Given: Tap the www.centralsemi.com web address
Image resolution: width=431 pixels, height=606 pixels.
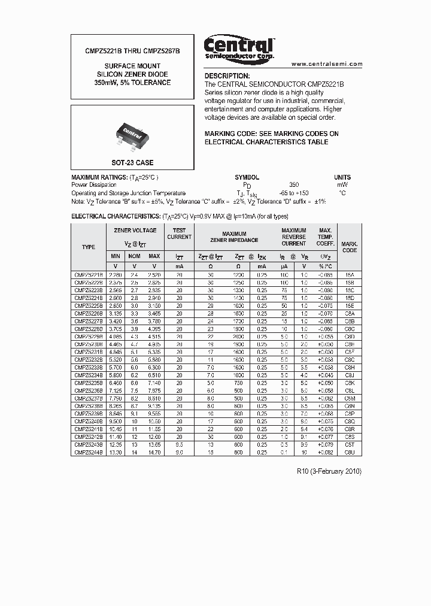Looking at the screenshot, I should pyautogui.click(x=327, y=64).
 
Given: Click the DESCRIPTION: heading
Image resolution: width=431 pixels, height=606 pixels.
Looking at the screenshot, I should pyautogui.click(x=227, y=76).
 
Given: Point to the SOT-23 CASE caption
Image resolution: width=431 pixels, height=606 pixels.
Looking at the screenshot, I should pyautogui.click(x=132, y=162).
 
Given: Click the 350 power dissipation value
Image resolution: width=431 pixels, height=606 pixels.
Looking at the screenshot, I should pyautogui.click(x=293, y=186).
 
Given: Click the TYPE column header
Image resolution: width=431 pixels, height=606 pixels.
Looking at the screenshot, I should pyautogui.click(x=89, y=247).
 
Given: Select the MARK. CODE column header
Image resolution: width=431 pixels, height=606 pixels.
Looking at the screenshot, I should pyautogui.click(x=349, y=247).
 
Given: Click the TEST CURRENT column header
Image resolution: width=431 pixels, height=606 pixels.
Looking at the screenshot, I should pyautogui.click(x=179, y=234).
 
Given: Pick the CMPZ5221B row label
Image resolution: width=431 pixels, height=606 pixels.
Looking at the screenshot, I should pyautogui.click(x=89, y=274).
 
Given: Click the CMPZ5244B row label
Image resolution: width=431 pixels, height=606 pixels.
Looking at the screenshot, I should pyautogui.click(x=89, y=453).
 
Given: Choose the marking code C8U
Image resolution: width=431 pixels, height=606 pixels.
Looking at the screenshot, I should pyautogui.click(x=349, y=453).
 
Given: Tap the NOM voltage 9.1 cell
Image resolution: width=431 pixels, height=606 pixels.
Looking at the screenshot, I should pyautogui.click(x=135, y=414).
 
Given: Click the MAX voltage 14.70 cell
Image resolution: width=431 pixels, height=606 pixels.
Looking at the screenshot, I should pyautogui.click(x=154, y=453).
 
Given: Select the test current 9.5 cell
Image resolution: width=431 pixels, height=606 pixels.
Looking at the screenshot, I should pyautogui.click(x=179, y=445).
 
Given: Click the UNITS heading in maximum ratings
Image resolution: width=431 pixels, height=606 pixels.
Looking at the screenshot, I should pyautogui.click(x=342, y=178).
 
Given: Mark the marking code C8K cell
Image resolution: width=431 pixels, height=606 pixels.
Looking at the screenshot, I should pyautogui.click(x=349, y=383).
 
